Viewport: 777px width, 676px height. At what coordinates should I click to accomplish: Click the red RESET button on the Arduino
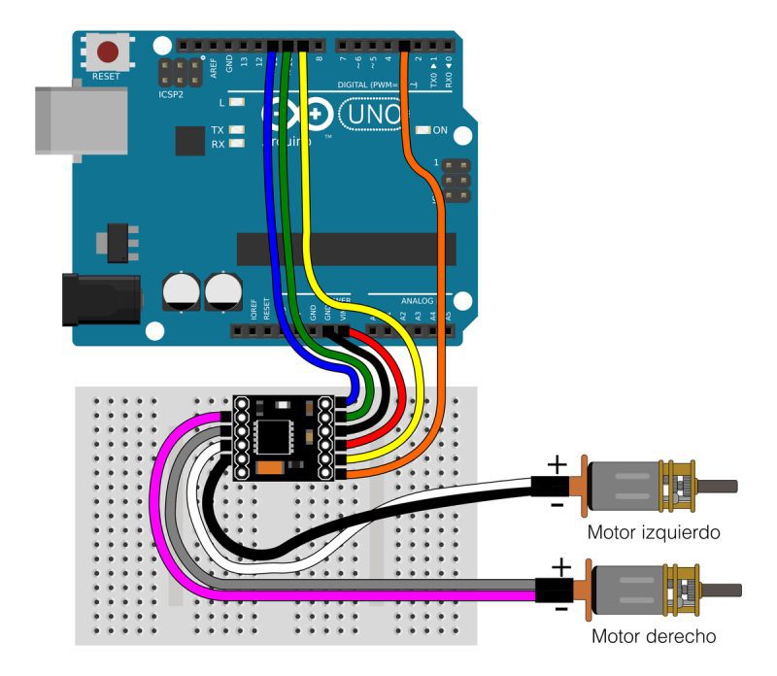pyautogui.click(x=109, y=51)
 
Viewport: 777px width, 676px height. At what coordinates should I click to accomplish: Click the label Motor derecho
pyautogui.click(x=654, y=637)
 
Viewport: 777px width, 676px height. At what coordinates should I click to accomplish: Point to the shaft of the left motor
pyautogui.click(x=716, y=487)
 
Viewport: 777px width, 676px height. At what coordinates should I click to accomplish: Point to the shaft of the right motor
pyautogui.click(x=720, y=590)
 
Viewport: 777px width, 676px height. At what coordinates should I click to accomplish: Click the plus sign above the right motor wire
pyautogui.click(x=560, y=566)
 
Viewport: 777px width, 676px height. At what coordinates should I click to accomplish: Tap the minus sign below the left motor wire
pyautogui.click(x=557, y=505)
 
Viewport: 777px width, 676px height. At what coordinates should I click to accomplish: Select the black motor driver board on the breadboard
pyautogui.click(x=286, y=437)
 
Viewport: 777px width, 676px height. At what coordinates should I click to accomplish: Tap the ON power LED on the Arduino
pyautogui.click(x=422, y=130)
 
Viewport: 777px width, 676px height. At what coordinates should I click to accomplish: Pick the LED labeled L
pyautogui.click(x=236, y=102)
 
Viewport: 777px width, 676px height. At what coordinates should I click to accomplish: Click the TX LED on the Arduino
pyautogui.click(x=236, y=130)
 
